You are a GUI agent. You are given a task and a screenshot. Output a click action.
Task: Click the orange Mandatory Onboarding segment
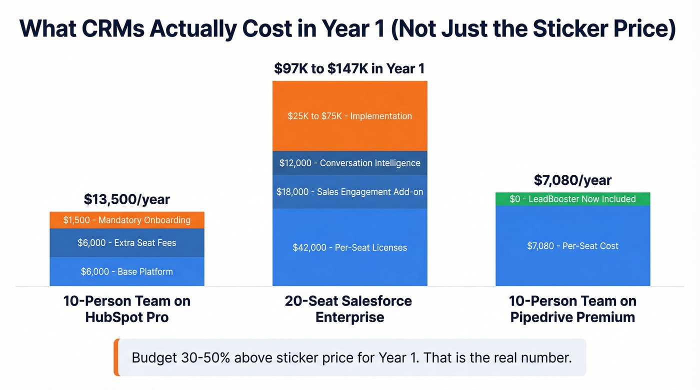pyautogui.click(x=127, y=220)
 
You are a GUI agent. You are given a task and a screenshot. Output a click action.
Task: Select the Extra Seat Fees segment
pyautogui.click(x=127, y=243)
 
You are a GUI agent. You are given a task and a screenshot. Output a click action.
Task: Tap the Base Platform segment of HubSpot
pyautogui.click(x=127, y=272)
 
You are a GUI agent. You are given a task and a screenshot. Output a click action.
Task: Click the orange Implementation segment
pyautogui.click(x=349, y=116)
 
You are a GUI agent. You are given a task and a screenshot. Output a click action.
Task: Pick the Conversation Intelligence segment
pyautogui.click(x=349, y=163)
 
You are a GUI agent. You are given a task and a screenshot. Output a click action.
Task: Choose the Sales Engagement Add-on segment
pyautogui.click(x=349, y=192)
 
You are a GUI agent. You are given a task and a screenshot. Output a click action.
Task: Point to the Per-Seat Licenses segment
pyautogui.click(x=349, y=247)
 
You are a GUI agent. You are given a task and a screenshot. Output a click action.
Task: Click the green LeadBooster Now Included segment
pyautogui.click(x=572, y=199)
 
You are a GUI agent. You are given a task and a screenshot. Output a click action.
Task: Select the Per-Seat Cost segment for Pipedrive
pyautogui.click(x=572, y=246)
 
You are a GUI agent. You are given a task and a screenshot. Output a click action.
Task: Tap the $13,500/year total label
pyautogui.click(x=127, y=200)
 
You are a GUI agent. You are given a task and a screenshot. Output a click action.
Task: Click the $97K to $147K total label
pyautogui.click(x=349, y=68)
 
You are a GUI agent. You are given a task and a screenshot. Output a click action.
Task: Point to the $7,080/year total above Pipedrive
pyautogui.click(x=572, y=180)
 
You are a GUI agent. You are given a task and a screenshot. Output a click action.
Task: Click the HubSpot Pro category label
pyautogui.click(x=127, y=309)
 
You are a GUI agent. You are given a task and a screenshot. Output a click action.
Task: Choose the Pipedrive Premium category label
pyautogui.click(x=572, y=309)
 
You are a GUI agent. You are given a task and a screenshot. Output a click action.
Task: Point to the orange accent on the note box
pyautogui.click(x=116, y=358)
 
